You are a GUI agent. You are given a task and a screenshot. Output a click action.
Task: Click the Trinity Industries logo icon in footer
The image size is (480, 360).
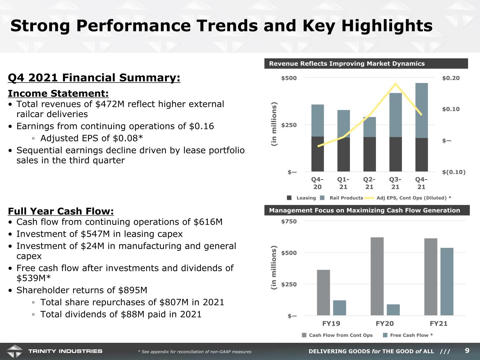click(x=15, y=351)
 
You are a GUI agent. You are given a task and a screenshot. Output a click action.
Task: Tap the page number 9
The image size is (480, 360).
click(x=467, y=351)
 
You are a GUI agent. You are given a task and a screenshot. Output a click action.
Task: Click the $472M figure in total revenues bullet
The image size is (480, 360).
click(x=110, y=104)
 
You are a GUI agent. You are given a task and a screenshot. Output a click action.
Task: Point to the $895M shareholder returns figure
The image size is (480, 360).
click(x=133, y=290)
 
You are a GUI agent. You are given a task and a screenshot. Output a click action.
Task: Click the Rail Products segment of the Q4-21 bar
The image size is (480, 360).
click(x=421, y=110)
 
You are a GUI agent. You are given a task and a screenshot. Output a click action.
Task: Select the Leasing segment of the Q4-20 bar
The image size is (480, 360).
click(x=318, y=154)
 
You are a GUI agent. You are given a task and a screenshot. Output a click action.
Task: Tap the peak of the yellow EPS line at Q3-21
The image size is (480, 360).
click(x=395, y=83)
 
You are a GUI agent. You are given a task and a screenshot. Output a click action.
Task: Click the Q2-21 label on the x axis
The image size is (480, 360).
click(x=369, y=183)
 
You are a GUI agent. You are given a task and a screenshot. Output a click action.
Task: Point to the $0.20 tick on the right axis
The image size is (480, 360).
click(x=451, y=78)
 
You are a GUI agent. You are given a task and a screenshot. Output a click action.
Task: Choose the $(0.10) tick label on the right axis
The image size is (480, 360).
click(x=454, y=172)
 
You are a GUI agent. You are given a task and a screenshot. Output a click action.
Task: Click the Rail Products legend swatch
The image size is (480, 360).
click(x=322, y=198)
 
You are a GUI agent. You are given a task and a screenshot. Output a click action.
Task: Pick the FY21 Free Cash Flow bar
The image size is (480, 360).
click(x=447, y=282)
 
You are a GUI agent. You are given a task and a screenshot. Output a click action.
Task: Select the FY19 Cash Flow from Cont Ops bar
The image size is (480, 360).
click(x=324, y=292)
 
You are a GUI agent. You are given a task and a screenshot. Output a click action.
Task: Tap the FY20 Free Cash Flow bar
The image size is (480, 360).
click(x=393, y=310)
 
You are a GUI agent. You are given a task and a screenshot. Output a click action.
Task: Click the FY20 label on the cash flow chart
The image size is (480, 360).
click(x=385, y=323)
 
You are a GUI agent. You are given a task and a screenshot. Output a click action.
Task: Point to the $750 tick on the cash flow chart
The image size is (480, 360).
click(x=289, y=221)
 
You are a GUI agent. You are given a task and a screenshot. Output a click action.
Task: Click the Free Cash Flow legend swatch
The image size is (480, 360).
click(x=385, y=335)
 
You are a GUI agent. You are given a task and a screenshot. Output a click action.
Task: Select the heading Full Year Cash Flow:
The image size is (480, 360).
click(x=61, y=211)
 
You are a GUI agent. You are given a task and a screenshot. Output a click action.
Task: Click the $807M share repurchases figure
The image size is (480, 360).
click(x=174, y=302)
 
